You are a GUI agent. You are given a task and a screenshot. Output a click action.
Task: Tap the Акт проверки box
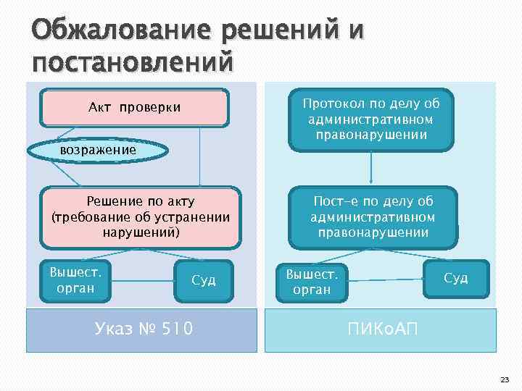tap(135, 107)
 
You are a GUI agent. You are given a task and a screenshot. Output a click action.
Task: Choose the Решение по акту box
tap(141, 217)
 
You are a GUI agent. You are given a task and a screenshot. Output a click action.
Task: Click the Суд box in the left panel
tap(204, 280)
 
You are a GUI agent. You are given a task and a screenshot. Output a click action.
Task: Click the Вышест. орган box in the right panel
tap(312, 281)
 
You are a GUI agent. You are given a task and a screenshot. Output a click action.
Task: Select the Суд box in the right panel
tap(456, 277)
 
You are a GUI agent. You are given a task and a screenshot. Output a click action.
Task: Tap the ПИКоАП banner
tap(381, 330)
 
